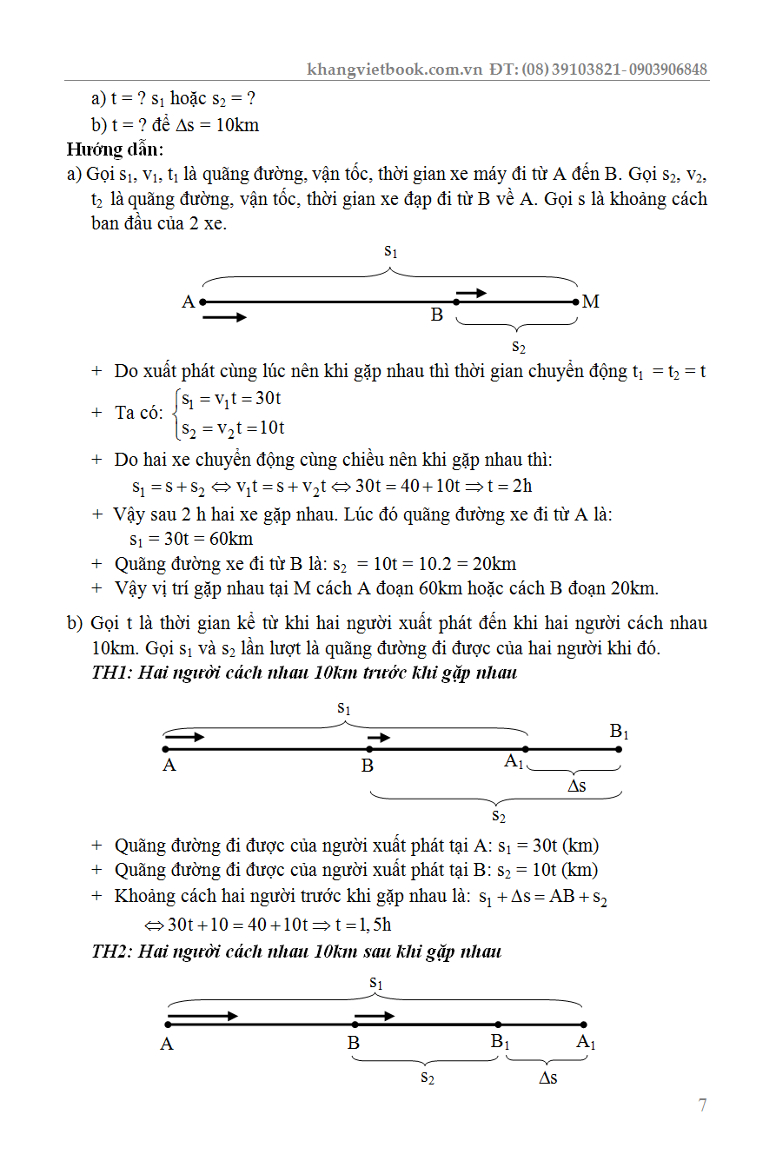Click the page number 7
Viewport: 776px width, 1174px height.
coord(702,1105)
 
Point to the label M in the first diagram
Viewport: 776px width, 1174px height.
coord(591,302)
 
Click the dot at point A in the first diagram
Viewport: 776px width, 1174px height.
coord(202,302)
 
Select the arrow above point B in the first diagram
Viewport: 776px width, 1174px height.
coord(472,293)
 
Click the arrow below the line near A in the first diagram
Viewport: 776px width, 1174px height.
coord(224,318)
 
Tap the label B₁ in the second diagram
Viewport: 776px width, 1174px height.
coord(619,732)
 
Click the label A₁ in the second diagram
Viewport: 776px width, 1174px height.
coord(514,762)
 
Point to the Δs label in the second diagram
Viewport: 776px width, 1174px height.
coord(576,786)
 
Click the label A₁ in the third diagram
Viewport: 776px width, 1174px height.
coord(587,1043)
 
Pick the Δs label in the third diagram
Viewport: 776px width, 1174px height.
coord(547,1078)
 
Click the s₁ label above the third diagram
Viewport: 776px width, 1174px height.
coord(376,982)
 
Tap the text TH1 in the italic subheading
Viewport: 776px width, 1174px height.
coord(108,673)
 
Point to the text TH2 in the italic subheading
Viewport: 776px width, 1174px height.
coord(108,952)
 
